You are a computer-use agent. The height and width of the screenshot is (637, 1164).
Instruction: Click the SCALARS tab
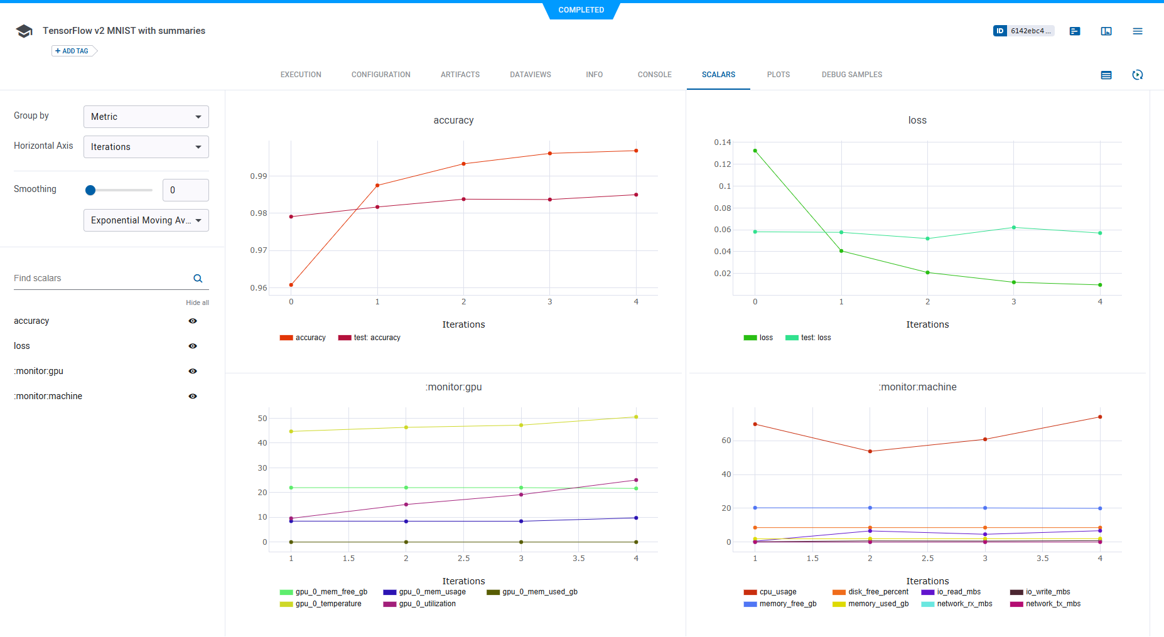718,75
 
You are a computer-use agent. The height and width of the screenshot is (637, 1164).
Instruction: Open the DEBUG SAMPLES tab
851,75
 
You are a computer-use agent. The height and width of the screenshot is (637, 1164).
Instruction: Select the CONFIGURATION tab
380,75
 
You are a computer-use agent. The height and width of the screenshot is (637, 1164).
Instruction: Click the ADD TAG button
72,51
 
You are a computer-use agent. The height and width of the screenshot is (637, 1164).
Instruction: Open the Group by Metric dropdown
146,117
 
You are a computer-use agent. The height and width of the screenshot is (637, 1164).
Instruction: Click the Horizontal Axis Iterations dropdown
146,147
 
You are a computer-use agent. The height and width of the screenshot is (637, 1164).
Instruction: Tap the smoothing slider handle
90,190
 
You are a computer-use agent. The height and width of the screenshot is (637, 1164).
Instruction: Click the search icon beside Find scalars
198,279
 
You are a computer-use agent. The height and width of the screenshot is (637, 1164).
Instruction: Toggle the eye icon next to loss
193,346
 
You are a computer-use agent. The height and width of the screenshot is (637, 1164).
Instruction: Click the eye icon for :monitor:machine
193,396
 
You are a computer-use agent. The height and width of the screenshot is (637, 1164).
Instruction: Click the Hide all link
197,302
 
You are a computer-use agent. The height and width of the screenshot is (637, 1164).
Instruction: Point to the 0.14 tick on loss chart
723,142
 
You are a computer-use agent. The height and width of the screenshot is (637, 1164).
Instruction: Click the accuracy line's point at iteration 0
291,285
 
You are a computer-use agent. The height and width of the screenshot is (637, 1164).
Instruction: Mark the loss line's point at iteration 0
755,151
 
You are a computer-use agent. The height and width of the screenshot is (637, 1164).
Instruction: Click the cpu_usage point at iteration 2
870,451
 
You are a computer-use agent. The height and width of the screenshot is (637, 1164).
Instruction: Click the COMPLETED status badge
581,10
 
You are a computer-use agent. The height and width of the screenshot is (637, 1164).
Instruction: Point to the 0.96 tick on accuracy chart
259,288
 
